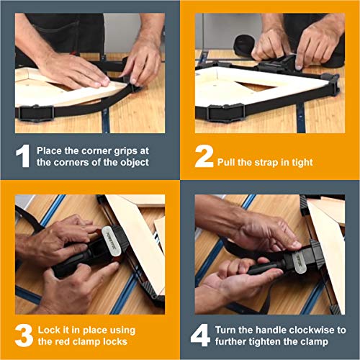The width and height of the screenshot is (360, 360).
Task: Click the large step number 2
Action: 204,156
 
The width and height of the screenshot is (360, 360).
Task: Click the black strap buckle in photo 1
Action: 35,113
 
